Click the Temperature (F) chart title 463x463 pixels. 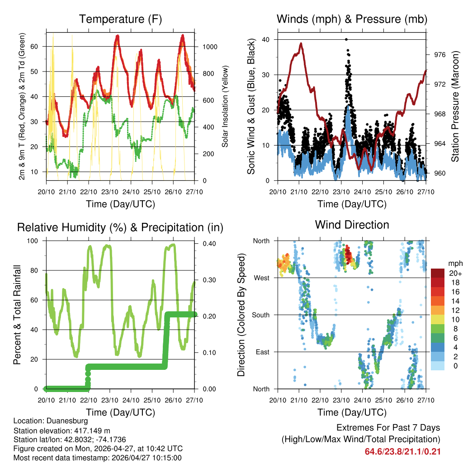click(120, 19)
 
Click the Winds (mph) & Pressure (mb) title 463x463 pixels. click(352, 19)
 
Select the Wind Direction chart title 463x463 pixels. click(352, 224)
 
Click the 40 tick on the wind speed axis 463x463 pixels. click(267, 39)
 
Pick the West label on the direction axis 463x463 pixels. click(262, 278)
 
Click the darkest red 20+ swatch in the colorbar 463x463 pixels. click(437, 273)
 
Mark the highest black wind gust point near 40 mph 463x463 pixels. click(346, 39)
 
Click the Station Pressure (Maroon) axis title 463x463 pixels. click(456, 106)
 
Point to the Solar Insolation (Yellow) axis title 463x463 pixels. click(225, 106)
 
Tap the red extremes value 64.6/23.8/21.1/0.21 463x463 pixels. click(402, 451)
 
